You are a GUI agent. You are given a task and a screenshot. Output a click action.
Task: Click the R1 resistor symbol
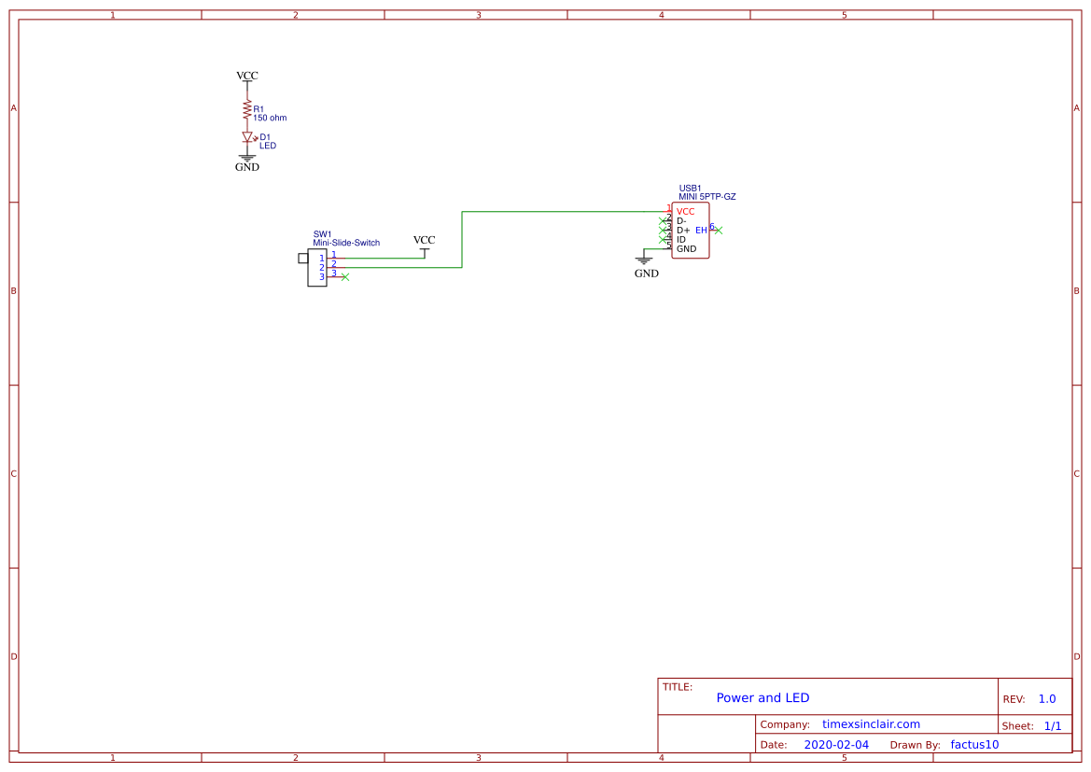point(247,111)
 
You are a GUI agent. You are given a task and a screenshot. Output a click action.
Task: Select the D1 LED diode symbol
point(247,137)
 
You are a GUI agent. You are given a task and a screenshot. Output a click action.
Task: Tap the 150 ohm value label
point(270,119)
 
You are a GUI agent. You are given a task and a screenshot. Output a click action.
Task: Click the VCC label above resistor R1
point(247,76)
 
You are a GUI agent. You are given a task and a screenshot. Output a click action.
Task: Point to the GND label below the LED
point(247,167)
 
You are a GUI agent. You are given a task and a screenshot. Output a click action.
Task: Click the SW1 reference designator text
point(322,234)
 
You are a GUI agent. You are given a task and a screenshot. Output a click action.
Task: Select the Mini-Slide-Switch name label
point(346,243)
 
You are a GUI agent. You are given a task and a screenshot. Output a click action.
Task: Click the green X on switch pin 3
point(345,277)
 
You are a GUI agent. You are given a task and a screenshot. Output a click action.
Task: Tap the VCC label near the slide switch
point(424,240)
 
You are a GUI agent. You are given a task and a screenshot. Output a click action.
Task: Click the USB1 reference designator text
point(690,188)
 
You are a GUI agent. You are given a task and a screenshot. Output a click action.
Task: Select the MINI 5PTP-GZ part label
point(706,197)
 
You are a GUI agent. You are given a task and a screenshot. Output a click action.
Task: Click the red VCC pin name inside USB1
point(685,212)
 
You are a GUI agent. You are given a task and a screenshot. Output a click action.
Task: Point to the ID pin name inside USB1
point(681,240)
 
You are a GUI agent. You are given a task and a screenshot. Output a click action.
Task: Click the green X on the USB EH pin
point(718,230)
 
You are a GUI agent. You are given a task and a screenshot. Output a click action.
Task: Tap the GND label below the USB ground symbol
point(646,274)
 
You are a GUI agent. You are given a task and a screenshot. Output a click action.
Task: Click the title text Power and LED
point(762,698)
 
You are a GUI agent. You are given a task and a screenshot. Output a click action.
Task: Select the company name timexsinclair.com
point(871,724)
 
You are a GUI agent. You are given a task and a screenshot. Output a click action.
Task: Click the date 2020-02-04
point(835,745)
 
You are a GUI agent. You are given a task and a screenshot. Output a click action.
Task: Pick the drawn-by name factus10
point(974,745)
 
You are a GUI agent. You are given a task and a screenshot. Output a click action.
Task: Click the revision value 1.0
point(1046,699)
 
